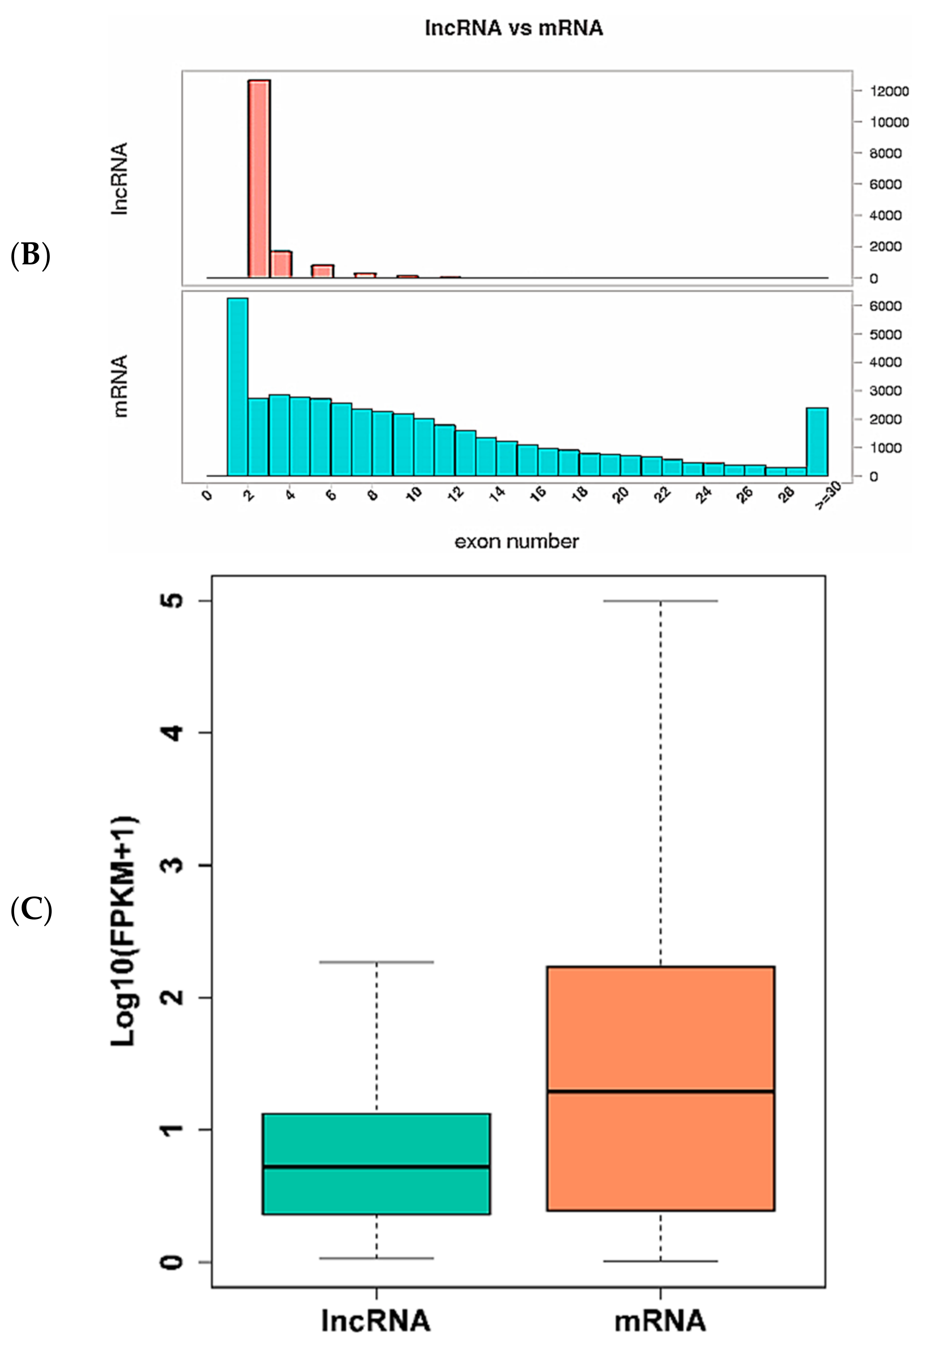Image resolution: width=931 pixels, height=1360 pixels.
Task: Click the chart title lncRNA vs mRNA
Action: pos(513,29)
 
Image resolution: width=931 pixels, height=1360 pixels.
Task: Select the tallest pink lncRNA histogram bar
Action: pos(259,178)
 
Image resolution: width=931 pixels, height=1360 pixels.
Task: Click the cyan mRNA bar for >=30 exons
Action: pos(817,442)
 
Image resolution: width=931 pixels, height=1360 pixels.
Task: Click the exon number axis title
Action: pos(517,541)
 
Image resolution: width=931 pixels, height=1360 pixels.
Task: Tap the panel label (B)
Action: pos(30,256)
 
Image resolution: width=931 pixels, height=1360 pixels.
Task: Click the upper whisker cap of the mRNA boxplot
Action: pos(660,601)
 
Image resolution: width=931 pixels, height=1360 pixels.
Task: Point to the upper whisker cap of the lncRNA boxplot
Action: pos(376,961)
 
